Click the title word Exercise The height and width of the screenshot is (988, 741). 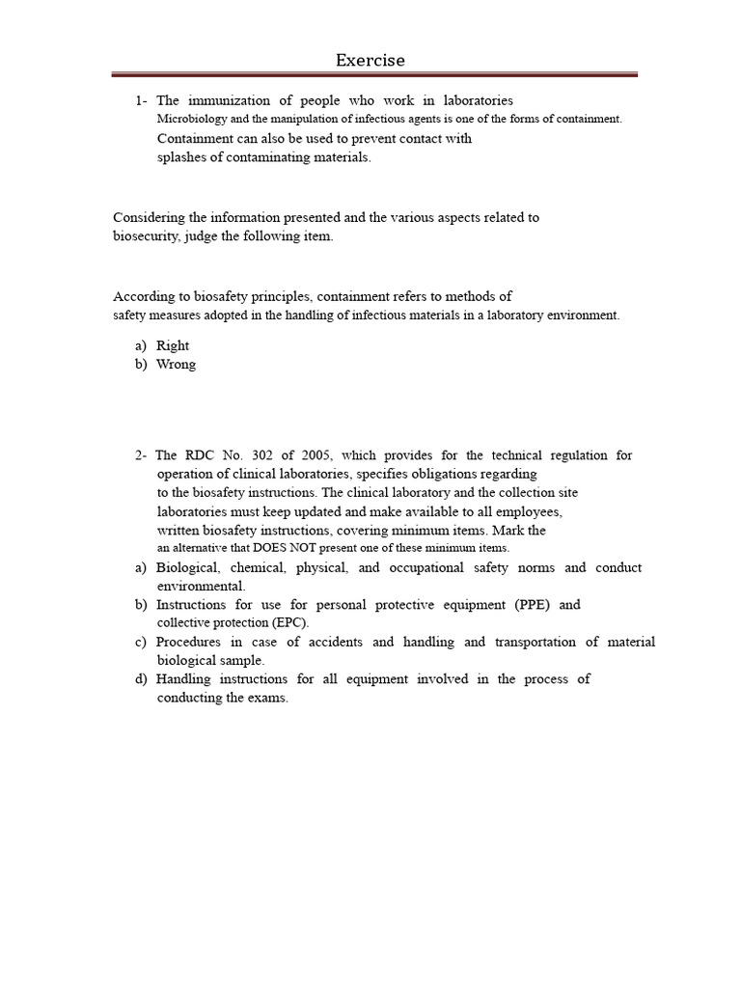[370, 61]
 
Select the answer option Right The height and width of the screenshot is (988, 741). [173, 345]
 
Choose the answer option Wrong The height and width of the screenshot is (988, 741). [176, 365]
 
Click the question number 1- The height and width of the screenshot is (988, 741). [142, 100]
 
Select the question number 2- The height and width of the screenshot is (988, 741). [142, 455]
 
